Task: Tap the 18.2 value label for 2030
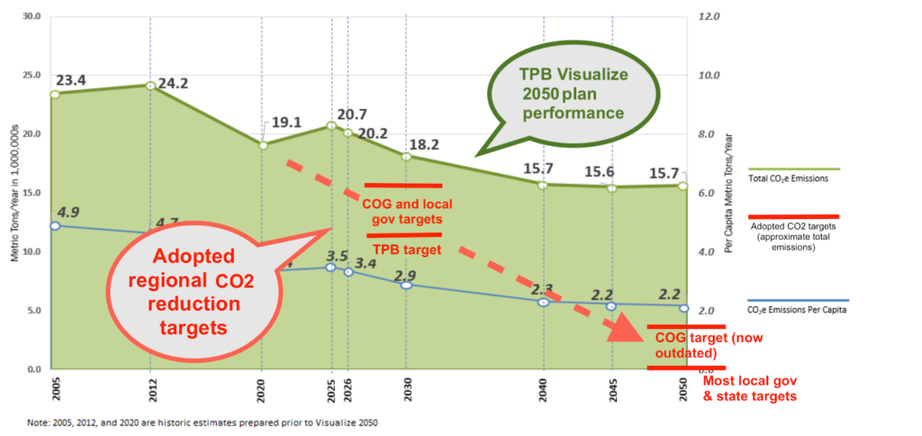(x=424, y=144)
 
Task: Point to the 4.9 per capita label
(x=68, y=213)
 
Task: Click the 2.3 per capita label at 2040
(x=543, y=289)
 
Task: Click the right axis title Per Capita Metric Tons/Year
(x=728, y=194)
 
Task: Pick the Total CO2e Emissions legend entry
(x=788, y=178)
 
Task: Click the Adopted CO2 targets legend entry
(x=794, y=236)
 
